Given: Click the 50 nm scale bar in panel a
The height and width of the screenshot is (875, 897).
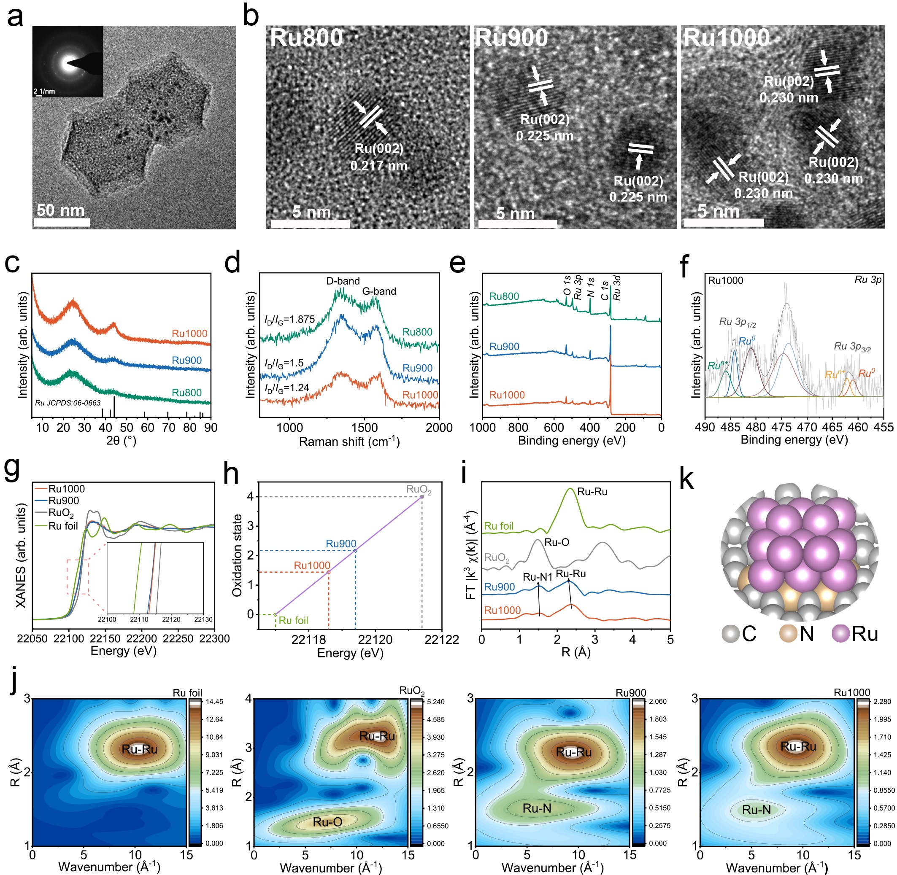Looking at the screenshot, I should point(62,222).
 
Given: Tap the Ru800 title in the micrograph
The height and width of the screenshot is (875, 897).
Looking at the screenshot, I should point(306,38).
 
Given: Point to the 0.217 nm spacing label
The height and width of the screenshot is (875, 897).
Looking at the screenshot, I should point(379,166).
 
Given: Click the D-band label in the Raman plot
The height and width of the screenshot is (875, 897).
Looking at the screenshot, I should point(343,281).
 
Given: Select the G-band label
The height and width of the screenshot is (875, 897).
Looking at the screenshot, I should point(379,291).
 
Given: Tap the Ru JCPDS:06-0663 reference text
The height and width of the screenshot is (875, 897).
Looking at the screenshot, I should point(68,403).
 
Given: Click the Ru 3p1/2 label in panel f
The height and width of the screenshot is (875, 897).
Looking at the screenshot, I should point(737,322).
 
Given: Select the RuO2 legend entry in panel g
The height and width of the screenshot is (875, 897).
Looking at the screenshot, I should point(61,513).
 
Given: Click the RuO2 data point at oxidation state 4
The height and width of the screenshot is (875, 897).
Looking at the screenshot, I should point(422,496).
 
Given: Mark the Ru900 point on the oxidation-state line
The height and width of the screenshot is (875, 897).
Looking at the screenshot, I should point(355,550).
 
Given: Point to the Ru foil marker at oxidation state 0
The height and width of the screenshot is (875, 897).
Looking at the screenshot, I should point(276,614).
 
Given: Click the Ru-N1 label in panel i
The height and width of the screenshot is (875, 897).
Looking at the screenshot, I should point(537,577).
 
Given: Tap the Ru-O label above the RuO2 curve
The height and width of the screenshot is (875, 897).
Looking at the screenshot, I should point(557,542).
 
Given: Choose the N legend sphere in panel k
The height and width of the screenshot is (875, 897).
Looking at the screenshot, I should point(788,633).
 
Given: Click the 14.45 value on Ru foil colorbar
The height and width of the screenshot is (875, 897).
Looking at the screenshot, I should point(214,702).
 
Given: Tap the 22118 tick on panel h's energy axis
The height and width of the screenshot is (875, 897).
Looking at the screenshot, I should point(308,639).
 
